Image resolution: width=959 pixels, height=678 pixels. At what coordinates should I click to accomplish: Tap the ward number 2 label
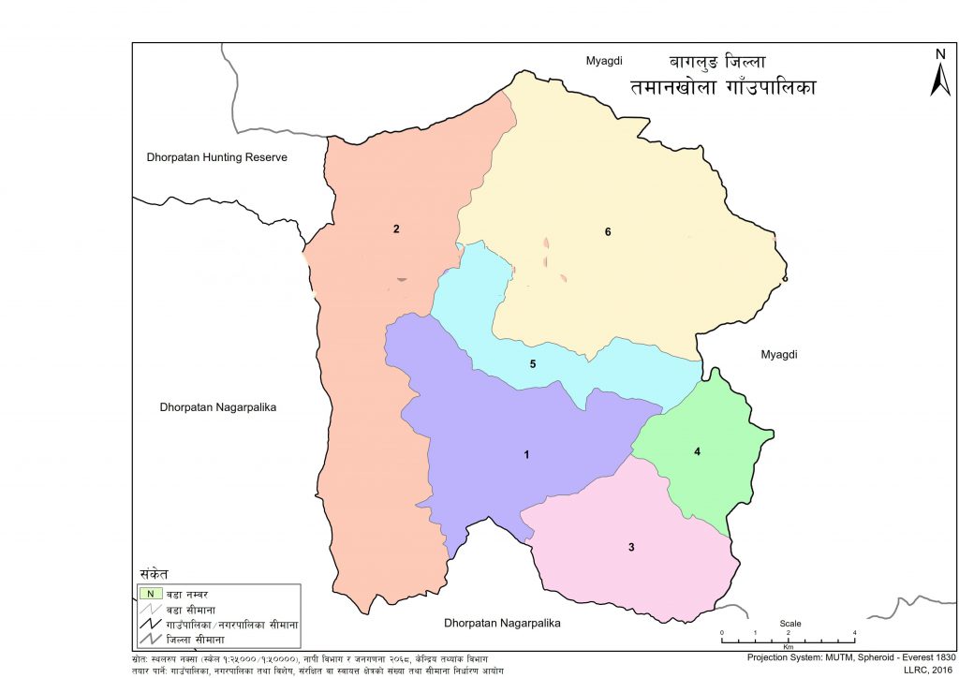pos(397,229)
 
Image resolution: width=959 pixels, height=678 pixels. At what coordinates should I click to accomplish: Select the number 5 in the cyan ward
pos(532,363)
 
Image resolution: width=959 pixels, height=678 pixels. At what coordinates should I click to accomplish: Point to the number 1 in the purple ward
pos(527,455)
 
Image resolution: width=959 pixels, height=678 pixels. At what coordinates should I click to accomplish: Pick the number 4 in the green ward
pos(697,451)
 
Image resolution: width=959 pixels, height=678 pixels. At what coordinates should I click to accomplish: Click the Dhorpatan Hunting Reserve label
pos(217,157)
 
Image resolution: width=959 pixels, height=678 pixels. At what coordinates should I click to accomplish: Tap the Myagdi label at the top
pos(604,62)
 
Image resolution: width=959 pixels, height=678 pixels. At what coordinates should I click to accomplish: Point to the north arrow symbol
pos(940,81)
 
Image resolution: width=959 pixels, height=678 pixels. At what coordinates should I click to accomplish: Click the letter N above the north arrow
pos(940,53)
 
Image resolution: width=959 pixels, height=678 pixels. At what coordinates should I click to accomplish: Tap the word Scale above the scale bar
pos(789,624)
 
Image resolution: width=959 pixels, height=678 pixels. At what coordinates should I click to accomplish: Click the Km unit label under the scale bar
pos(789,646)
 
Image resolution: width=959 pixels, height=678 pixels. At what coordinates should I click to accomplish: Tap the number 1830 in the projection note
pos(940,657)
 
